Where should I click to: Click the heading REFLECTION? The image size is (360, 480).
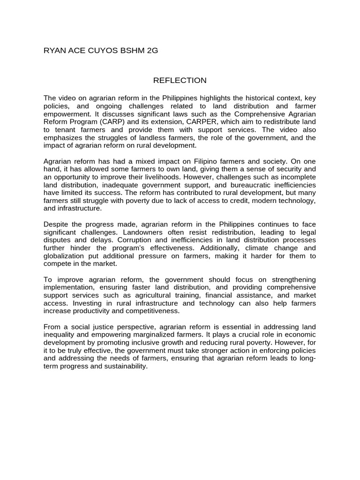pyautogui.click(x=180, y=80)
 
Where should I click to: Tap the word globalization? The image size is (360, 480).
pyautogui.click(x=63, y=256)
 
